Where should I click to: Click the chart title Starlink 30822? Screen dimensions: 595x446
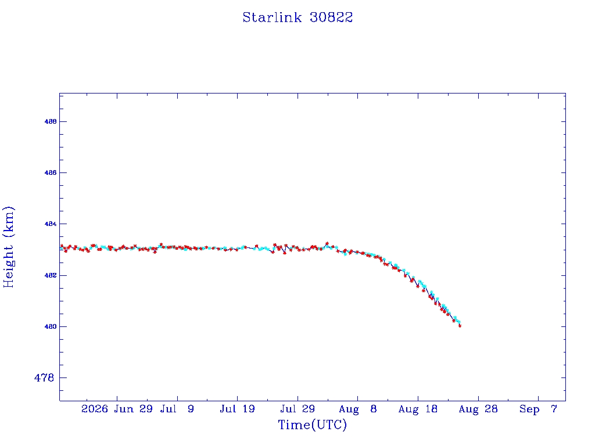pos(297,17)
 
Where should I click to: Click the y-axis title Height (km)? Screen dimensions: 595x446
pos(8,247)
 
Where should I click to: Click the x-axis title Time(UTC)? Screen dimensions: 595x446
pos(312,425)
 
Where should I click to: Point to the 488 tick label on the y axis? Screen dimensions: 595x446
pos(51,122)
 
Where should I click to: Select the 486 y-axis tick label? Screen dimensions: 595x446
pos(51,172)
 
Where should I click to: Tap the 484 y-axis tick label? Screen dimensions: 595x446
pos(51,224)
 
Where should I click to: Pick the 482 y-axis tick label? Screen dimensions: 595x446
pos(51,275)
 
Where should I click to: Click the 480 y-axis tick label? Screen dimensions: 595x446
pos(51,326)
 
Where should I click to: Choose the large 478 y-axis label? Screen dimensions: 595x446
pos(44,377)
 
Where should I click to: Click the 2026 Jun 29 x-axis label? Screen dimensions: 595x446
pos(117,409)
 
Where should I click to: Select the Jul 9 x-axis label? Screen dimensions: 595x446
pos(177,409)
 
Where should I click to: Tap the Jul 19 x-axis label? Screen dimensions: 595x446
pos(237,409)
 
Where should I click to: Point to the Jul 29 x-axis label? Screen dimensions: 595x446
pos(297,409)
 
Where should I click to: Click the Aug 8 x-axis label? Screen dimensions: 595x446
pos(358,409)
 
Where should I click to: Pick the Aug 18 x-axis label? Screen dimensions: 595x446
pos(418,409)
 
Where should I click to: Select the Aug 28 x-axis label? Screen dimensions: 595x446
pos(478,409)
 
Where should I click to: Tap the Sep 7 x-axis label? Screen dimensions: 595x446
pos(538,409)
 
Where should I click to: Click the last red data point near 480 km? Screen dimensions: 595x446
pos(460,326)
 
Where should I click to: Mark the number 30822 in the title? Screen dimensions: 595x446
pos(331,17)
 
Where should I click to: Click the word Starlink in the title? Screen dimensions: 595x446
pos(272,17)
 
